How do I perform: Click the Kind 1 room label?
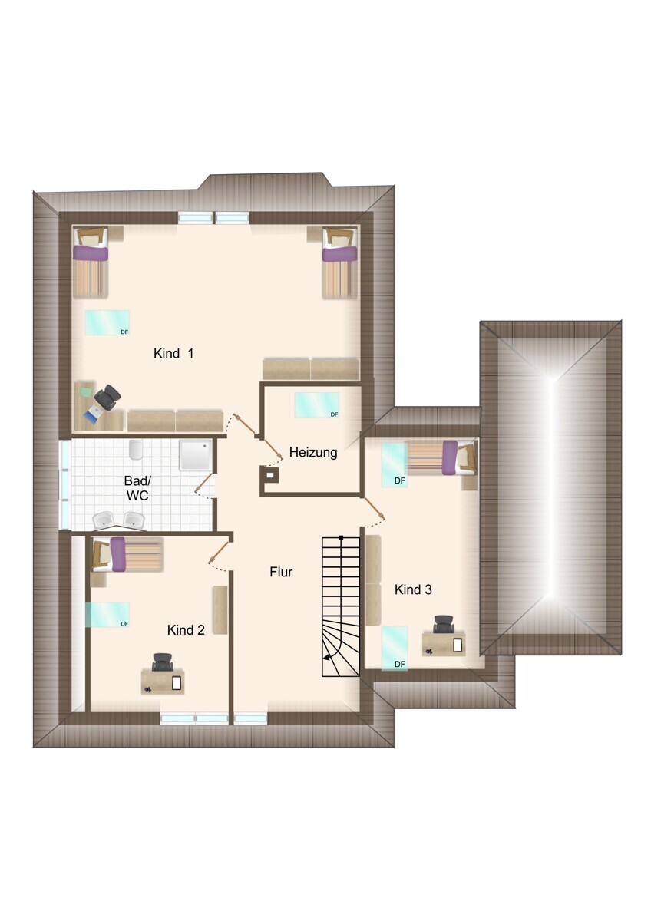pyautogui.click(x=173, y=353)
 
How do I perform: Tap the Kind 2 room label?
pyautogui.click(x=186, y=630)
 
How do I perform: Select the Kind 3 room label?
pyautogui.click(x=413, y=589)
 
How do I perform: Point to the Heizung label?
pyautogui.click(x=313, y=453)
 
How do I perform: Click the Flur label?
pyautogui.click(x=281, y=572)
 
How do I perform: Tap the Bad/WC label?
pyautogui.click(x=137, y=488)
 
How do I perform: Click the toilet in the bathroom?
pyautogui.click(x=135, y=450)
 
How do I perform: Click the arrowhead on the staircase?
pyautogui.click(x=326, y=658)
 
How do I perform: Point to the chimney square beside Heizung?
pyautogui.click(x=269, y=475)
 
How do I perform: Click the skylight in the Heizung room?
pyautogui.click(x=316, y=405)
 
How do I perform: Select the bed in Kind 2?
pyautogui.click(x=127, y=554)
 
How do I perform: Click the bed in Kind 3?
pyautogui.click(x=441, y=457)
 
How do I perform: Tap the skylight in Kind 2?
pyautogui.click(x=107, y=615)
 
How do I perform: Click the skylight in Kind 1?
pyautogui.click(x=107, y=323)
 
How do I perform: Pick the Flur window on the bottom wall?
pyautogui.click(x=250, y=718)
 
